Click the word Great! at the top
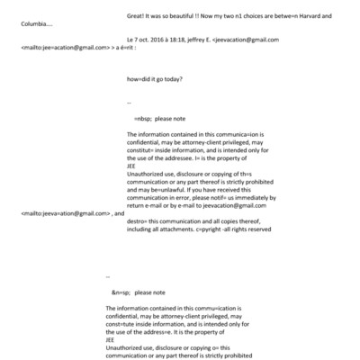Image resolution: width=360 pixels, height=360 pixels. (137, 16)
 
